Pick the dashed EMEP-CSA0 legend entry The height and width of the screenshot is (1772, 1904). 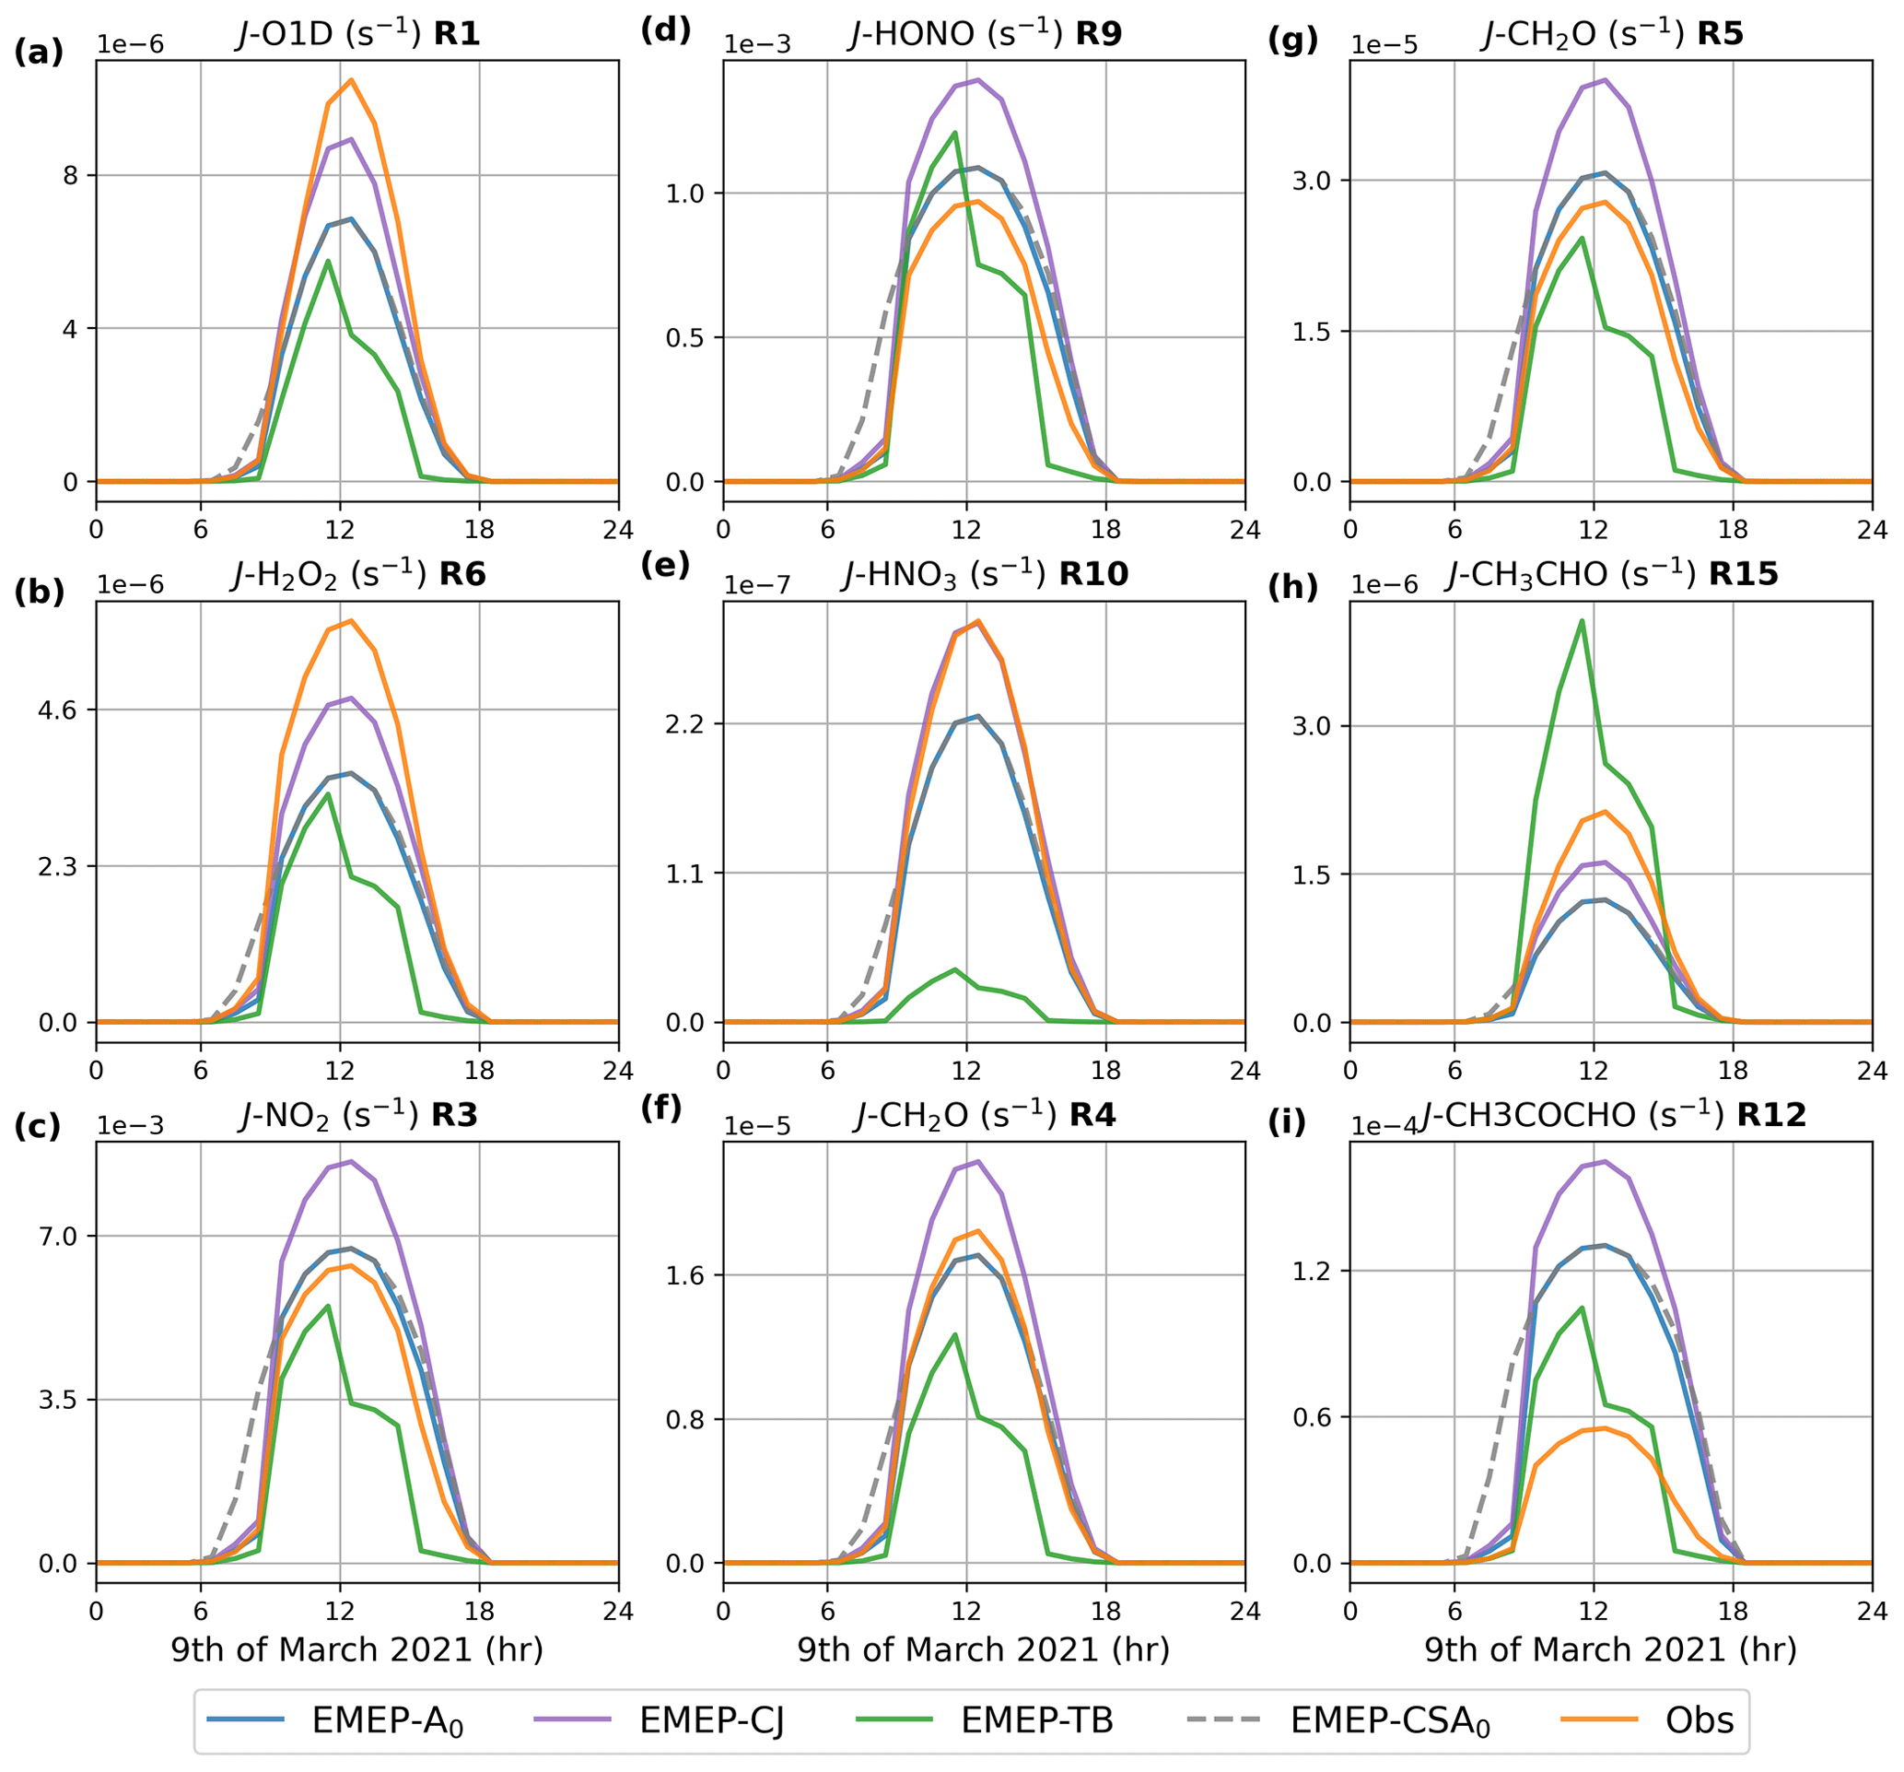coord(1335,1720)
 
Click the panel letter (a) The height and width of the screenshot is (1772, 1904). coord(39,52)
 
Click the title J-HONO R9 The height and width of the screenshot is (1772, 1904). coord(985,35)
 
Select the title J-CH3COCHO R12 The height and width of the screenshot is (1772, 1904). coord(1613,1115)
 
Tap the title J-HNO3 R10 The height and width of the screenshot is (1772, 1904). coord(985,575)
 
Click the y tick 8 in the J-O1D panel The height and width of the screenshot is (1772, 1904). coord(71,175)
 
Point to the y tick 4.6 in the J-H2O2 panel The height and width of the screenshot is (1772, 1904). coord(62,710)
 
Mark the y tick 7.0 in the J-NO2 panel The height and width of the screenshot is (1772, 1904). coord(62,1236)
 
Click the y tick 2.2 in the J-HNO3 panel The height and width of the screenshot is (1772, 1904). coord(689,723)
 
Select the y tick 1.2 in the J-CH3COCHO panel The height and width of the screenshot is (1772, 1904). coord(1316,1271)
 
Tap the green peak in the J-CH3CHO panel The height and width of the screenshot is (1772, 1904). coord(1583,620)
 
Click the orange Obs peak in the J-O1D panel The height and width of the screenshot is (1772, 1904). coord(352,80)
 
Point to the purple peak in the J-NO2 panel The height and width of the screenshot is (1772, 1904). coord(352,1161)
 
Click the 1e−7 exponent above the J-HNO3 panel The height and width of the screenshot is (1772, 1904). coord(756,585)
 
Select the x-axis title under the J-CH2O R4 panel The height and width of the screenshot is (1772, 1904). coord(984,1649)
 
